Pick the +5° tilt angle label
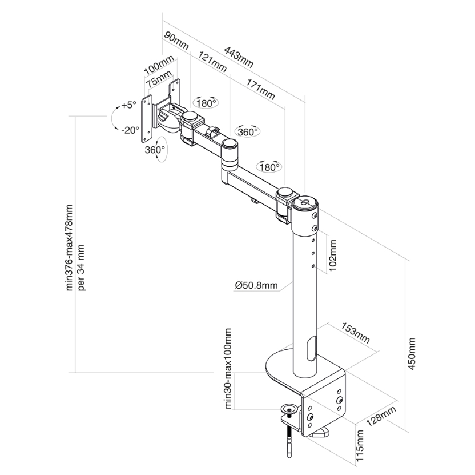point(128,105)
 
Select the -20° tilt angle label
point(131,130)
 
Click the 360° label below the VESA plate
point(155,150)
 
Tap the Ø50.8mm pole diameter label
point(256,285)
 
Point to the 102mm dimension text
point(333,254)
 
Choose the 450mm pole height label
point(412,354)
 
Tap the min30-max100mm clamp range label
point(228,368)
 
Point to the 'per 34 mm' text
point(82,267)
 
